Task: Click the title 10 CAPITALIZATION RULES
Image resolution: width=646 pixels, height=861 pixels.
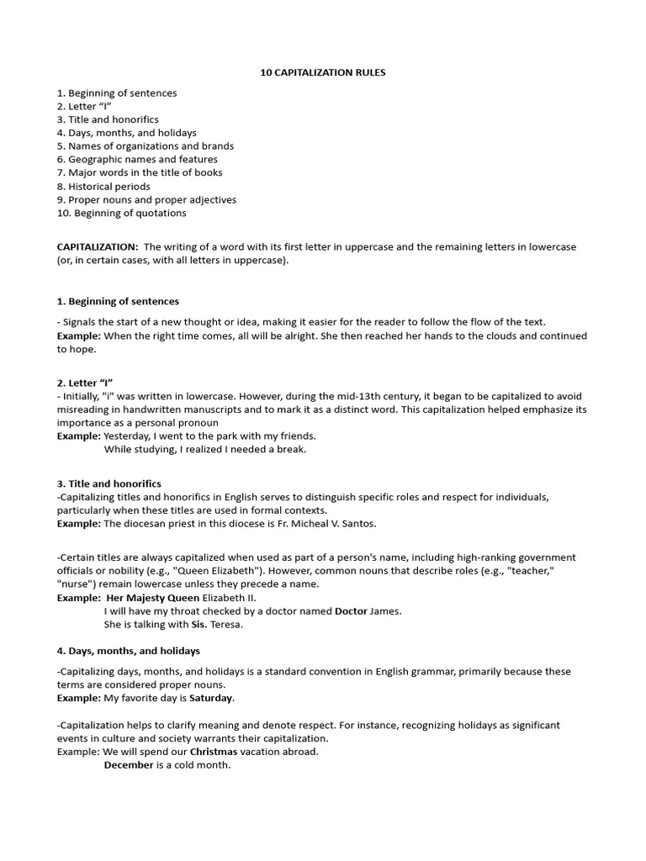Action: pos(323,73)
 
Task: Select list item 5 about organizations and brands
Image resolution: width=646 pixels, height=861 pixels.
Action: pos(146,145)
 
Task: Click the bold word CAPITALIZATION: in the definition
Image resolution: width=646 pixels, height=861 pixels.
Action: pos(98,247)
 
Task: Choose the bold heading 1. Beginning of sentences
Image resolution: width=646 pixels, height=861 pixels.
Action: pos(118,301)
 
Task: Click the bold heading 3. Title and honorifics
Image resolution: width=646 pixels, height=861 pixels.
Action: pos(109,483)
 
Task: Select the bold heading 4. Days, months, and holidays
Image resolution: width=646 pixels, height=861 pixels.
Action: pos(128,651)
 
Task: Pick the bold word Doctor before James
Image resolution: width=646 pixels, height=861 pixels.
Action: pos(351,610)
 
